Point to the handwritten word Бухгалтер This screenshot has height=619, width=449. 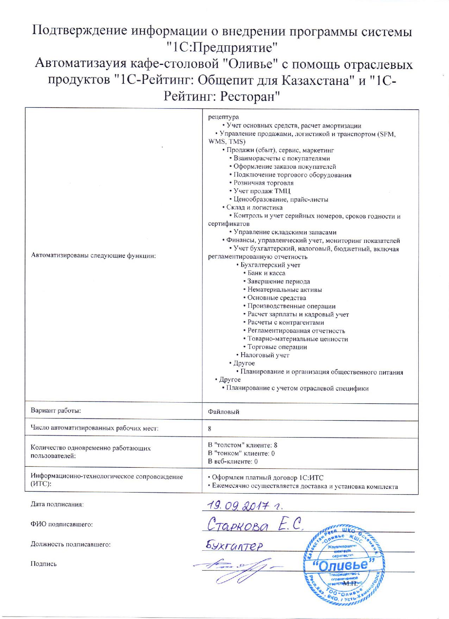(x=235, y=546)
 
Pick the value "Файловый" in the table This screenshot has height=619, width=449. (x=224, y=412)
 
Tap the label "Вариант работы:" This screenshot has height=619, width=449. (x=56, y=411)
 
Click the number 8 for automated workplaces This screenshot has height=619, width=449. (x=210, y=429)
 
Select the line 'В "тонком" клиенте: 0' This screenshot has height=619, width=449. (x=241, y=453)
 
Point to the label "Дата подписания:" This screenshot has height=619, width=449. (x=57, y=504)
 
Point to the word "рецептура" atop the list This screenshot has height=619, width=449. (x=223, y=117)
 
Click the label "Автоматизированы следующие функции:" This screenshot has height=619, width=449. (x=93, y=256)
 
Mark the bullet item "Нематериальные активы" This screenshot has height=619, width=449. (x=285, y=290)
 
